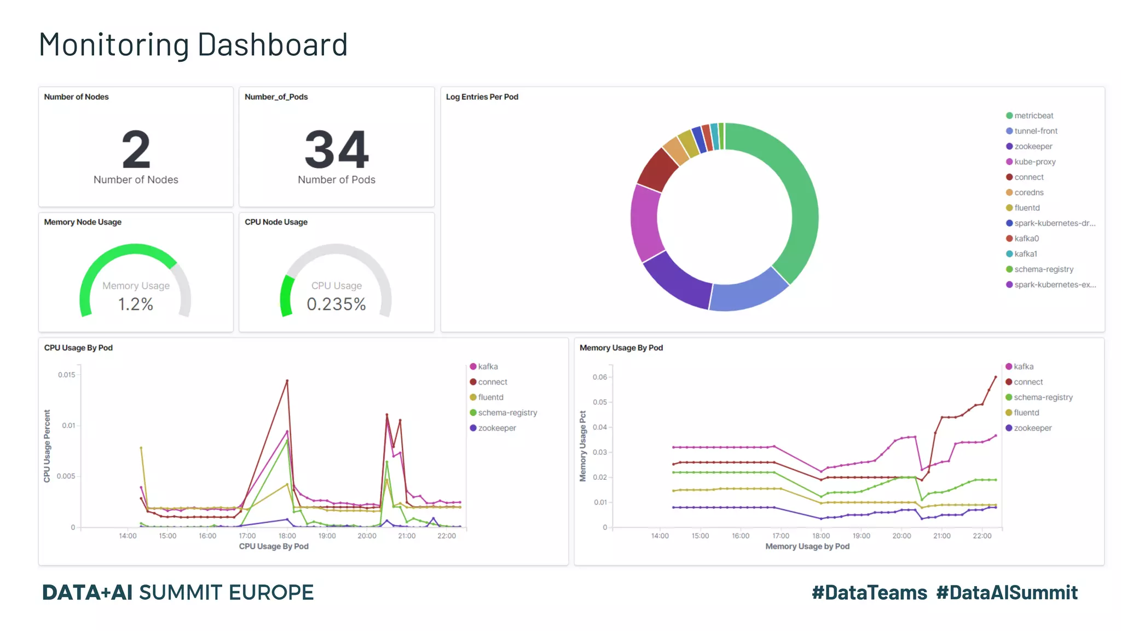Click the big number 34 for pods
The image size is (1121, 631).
(x=337, y=150)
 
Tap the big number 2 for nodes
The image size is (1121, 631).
(x=136, y=150)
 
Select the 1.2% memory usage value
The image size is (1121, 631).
(x=136, y=304)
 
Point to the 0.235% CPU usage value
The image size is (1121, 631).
(x=336, y=304)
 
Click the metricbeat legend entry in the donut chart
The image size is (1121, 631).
(x=1033, y=116)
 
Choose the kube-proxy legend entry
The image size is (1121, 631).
(x=1034, y=162)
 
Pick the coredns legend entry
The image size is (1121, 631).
(x=1028, y=192)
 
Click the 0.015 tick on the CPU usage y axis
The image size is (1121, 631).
(x=67, y=375)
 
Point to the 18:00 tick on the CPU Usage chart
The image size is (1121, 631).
(x=287, y=536)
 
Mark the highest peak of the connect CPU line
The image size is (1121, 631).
(x=287, y=381)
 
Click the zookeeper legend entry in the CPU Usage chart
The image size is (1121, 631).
(x=496, y=428)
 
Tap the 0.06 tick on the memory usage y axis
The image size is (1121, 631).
(x=599, y=377)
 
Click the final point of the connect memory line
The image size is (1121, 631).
(x=995, y=377)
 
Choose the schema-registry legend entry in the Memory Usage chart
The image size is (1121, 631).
(x=1042, y=397)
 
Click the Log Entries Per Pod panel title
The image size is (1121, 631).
(x=482, y=97)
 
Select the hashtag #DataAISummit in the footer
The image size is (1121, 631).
(x=1007, y=593)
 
